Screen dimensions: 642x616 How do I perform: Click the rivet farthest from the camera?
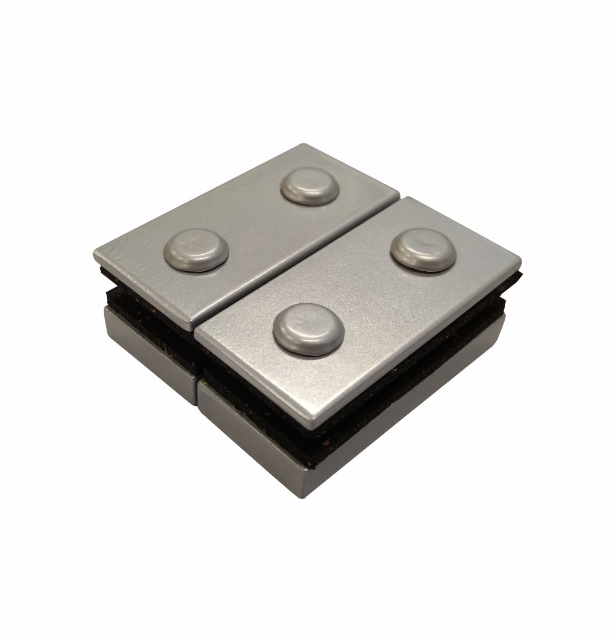click(x=310, y=186)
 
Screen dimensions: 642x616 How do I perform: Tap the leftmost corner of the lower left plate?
click(x=105, y=312)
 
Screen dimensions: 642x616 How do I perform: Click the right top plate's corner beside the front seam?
click(x=198, y=334)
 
